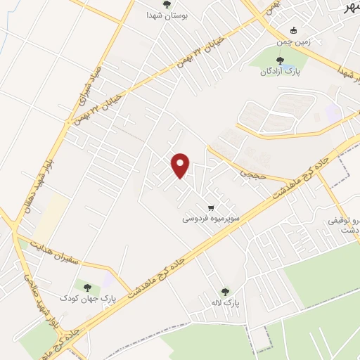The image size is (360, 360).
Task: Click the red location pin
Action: pos(182,165)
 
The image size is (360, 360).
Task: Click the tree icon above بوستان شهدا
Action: pos(167,4)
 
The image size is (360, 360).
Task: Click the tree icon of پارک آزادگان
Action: pos(271,61)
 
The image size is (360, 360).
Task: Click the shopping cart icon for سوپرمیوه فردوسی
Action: pos(211,207)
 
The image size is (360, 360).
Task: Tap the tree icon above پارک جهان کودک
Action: pos(87,287)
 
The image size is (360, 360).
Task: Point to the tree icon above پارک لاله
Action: pos(225,291)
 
